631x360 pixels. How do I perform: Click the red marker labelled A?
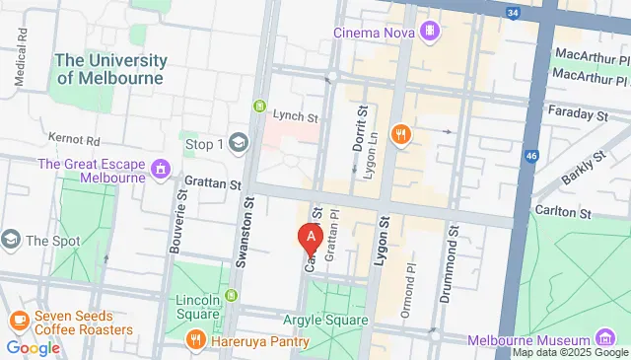pos(311,238)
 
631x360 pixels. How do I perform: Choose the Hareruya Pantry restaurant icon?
pos(195,341)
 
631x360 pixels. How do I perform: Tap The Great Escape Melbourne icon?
pos(159,172)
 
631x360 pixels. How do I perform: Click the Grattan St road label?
pos(213,183)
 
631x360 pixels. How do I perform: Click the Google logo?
pos(33,347)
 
